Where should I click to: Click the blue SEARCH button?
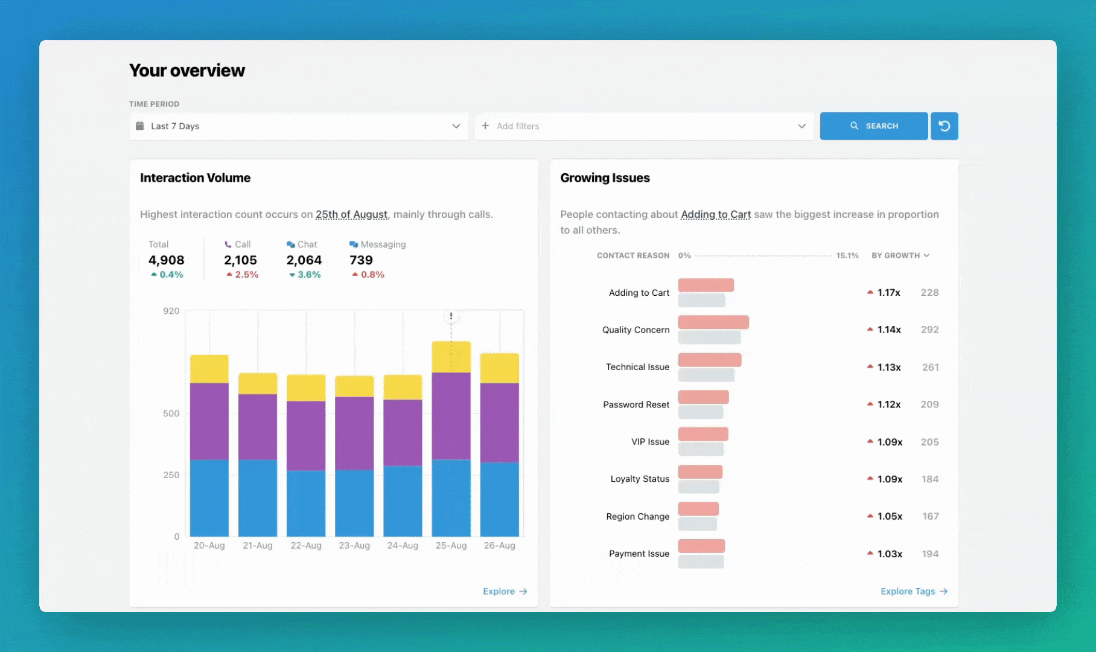pos(873,126)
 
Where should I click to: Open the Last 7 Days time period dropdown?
pos(299,126)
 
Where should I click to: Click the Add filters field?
pos(643,126)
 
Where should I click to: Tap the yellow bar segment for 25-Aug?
pos(451,357)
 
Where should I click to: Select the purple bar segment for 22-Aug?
pos(306,435)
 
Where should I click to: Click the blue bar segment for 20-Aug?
pos(209,498)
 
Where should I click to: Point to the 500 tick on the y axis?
pos(171,414)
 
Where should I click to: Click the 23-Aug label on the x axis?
pos(354,546)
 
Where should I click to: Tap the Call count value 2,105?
pos(240,260)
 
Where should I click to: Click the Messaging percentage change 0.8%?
pos(372,275)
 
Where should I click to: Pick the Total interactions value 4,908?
pos(166,260)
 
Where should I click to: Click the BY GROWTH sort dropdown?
pos(900,255)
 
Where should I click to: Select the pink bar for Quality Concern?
pos(713,322)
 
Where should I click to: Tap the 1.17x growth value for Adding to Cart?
pos(888,293)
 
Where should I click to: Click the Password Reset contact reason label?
pos(636,404)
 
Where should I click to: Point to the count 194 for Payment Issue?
pos(930,554)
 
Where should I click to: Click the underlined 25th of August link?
pos(351,214)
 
